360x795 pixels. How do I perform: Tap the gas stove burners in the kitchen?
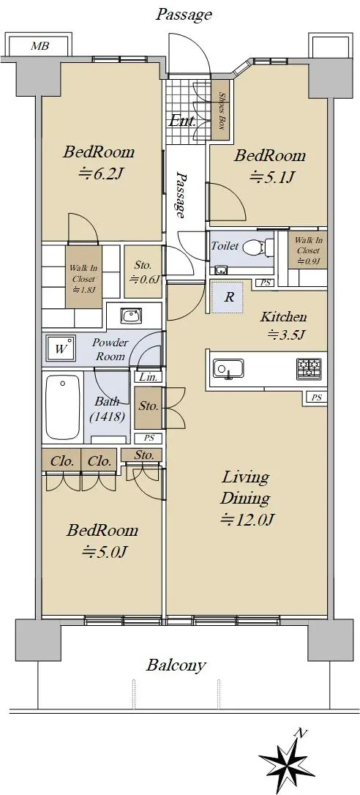coord(309,369)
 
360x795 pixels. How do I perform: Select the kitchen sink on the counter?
coord(228,369)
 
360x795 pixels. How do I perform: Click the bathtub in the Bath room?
coord(64,406)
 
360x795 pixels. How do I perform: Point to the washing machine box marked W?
coord(61,349)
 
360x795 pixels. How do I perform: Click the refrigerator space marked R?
coord(229,296)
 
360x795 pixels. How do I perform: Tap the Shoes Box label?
coord(222,110)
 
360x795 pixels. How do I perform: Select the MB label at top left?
coord(40,46)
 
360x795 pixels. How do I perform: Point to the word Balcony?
coord(176,665)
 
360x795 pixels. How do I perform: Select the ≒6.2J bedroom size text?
coord(100,174)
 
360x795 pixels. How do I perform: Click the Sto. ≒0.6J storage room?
coord(143,272)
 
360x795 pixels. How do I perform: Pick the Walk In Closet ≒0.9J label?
coord(308,250)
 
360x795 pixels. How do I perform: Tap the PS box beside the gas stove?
coord(316,398)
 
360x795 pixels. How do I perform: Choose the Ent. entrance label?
coord(181,122)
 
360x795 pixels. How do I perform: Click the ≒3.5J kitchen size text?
coord(285,335)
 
